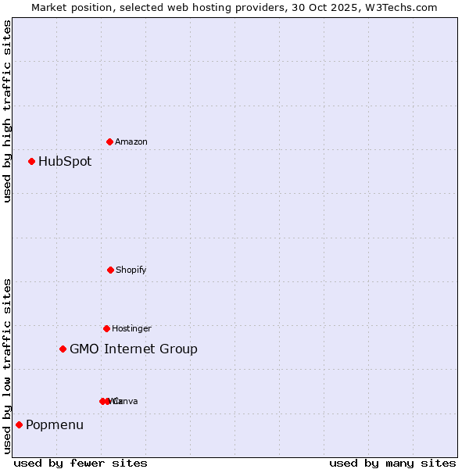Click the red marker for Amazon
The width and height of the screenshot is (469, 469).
109,141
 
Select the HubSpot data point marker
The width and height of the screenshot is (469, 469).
31,161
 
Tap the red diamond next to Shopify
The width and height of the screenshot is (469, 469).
110,270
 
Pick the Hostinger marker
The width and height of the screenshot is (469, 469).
106,328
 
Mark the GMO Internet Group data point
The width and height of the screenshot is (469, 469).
63,349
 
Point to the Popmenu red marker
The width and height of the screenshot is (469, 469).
19,424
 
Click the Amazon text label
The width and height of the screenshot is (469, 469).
131,141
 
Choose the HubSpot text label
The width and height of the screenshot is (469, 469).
65,162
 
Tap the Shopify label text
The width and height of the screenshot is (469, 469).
131,270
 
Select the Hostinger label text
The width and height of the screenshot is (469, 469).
131,328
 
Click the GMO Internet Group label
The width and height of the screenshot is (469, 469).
134,349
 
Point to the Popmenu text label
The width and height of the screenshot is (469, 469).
55,425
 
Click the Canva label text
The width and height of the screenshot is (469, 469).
126,401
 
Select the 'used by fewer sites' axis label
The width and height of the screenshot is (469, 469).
81,464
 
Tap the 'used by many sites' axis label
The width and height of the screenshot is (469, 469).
392,464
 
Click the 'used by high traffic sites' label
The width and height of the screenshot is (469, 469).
8,111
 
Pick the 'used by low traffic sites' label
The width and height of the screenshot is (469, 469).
8,366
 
